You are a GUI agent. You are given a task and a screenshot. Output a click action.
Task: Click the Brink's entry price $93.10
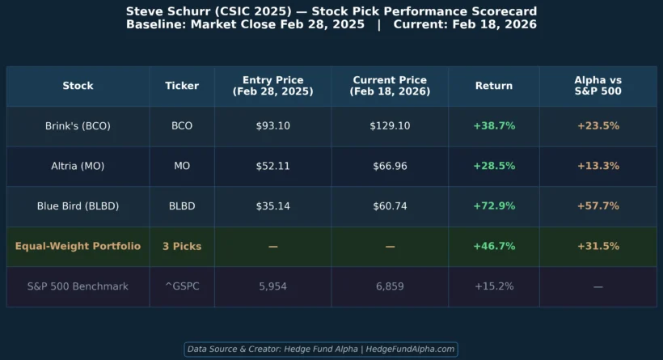pos(272,126)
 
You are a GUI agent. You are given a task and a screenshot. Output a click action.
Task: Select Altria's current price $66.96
pos(390,166)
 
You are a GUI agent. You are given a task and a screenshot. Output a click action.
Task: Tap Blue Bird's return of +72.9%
pos(494,206)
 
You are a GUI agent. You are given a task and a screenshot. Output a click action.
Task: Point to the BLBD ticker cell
pos(182,206)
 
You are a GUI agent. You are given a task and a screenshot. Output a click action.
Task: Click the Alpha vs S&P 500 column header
pos(598,86)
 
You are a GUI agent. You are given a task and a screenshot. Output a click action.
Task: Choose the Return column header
pos(494,86)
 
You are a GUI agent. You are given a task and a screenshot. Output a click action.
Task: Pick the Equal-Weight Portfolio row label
pos(78,246)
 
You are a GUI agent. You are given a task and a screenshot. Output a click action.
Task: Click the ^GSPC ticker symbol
pos(182,286)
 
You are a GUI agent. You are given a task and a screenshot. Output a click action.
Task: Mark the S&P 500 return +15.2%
pos(494,286)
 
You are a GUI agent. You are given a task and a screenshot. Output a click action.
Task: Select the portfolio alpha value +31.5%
pos(598,246)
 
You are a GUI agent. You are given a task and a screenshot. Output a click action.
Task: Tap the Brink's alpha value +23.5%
pos(598,126)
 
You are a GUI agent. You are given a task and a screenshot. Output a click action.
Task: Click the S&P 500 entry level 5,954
pos(272,286)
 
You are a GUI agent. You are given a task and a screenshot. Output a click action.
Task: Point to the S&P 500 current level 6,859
pos(390,286)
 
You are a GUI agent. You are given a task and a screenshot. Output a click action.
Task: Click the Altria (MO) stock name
pos(78,166)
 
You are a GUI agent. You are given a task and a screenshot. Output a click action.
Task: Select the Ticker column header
pos(182,86)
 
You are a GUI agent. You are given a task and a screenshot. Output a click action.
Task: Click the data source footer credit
pos(321,349)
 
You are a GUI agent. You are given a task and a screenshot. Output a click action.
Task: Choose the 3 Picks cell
pos(182,246)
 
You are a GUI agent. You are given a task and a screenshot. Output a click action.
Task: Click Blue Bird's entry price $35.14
pos(272,206)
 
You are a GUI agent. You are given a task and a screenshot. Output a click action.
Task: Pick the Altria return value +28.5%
pos(494,166)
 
